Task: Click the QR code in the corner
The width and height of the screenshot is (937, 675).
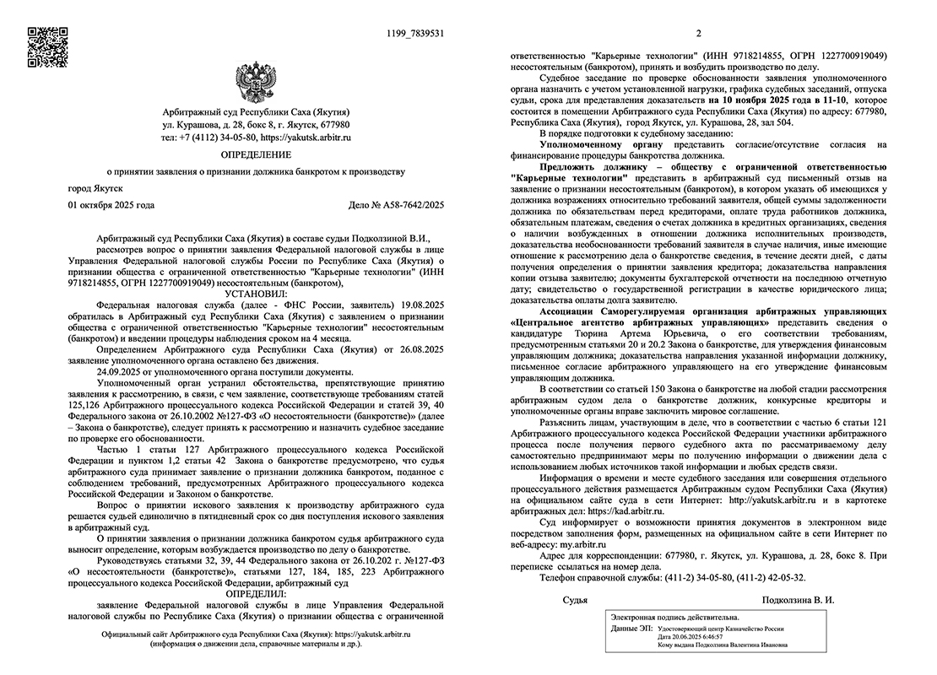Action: coord(47,46)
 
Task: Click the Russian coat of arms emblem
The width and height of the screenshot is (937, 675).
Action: coord(255,81)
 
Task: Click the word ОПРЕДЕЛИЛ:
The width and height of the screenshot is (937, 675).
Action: coord(255,593)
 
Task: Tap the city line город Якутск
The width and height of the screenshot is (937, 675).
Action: coord(95,187)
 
